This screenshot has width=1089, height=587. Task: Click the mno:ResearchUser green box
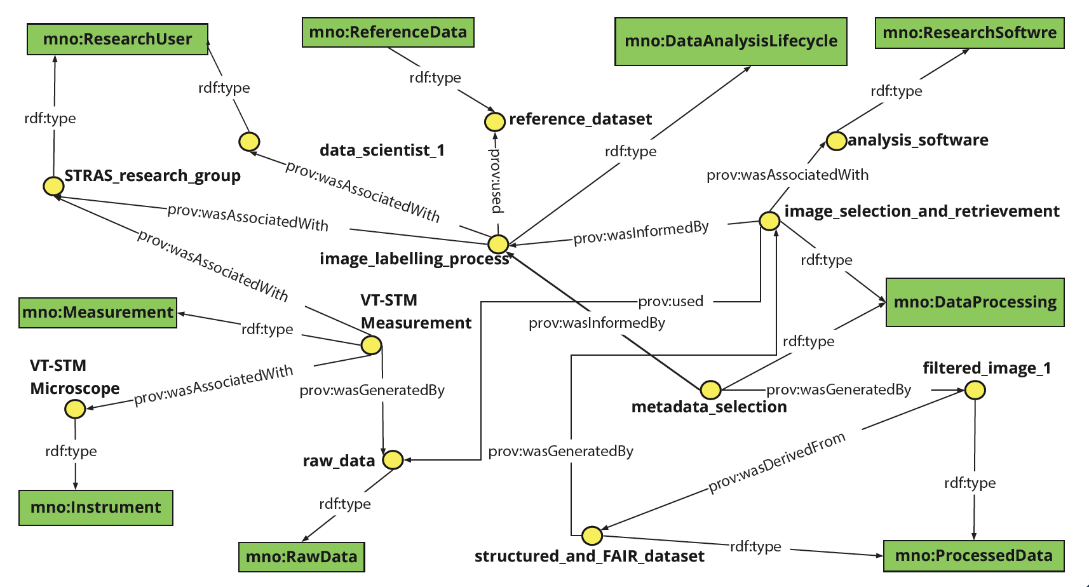pos(118,39)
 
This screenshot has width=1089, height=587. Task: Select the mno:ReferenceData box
pos(388,32)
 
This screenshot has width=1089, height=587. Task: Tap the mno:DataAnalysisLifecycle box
pos(731,41)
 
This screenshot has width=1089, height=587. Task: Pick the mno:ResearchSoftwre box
pos(969,33)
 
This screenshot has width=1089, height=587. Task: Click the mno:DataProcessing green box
pos(975,302)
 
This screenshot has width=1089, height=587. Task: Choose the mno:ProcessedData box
pos(973,556)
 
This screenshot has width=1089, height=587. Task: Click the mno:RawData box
pos(301,557)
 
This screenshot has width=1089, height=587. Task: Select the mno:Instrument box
pos(95,508)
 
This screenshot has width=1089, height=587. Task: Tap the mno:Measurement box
pos(98,313)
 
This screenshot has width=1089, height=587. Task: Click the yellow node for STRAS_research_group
pos(53,186)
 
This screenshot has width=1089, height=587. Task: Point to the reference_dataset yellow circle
pos(495,121)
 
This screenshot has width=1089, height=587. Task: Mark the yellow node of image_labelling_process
pos(498,243)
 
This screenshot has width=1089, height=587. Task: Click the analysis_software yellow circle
pos(836,140)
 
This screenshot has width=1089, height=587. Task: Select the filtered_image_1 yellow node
pos(975,390)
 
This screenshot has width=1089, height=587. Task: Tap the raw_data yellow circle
pos(393,460)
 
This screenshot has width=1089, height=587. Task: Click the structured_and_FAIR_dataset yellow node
pos(592,536)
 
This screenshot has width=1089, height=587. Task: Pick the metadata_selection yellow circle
pos(710,389)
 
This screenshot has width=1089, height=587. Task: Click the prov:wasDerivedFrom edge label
pos(777,462)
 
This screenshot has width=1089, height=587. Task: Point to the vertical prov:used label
pos(496,180)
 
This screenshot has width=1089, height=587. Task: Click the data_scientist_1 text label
pos(382,151)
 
